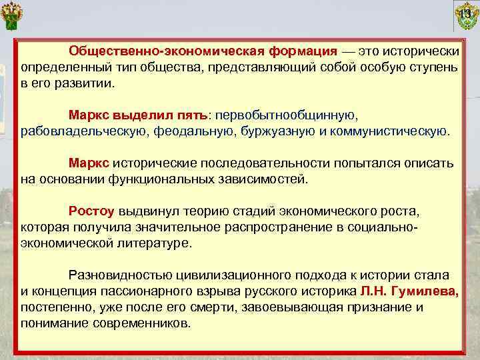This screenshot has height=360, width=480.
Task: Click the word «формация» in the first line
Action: [x=303, y=52]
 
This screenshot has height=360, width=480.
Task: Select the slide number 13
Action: [x=465, y=11]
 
